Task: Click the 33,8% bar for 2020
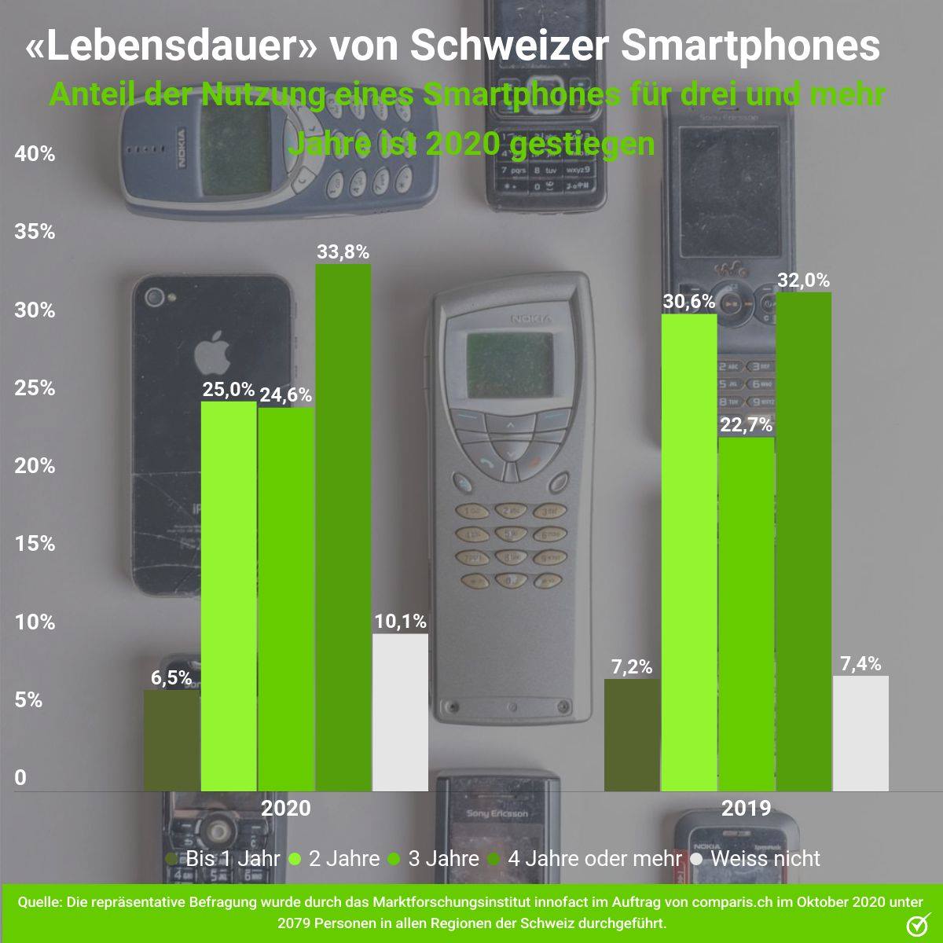click(x=343, y=527)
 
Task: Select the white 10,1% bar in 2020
click(x=400, y=712)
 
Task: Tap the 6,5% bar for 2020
click(x=172, y=740)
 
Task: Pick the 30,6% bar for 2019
click(x=689, y=552)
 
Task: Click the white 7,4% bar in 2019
click(x=860, y=733)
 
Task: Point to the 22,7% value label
click(x=747, y=425)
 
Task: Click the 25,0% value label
click(x=229, y=390)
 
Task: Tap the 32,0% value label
click(x=804, y=281)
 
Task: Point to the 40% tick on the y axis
click(x=35, y=154)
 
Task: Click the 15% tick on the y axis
click(x=35, y=544)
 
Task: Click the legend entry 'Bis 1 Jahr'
click(x=223, y=859)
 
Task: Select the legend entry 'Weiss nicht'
click(x=755, y=859)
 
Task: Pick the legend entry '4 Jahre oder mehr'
click(x=585, y=859)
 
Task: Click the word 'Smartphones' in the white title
click(x=752, y=47)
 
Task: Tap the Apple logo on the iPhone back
click(x=212, y=352)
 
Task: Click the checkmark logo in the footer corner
click(x=919, y=924)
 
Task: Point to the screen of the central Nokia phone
click(x=509, y=365)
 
